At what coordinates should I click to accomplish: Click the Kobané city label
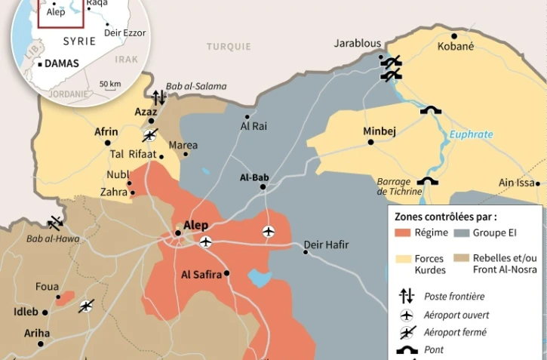tap(456, 47)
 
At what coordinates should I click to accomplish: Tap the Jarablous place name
tap(358, 44)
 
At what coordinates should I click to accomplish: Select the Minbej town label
tap(380, 131)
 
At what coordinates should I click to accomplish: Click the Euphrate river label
tap(471, 135)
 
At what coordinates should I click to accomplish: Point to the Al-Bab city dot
tap(263, 186)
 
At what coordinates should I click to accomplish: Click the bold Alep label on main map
tap(195, 225)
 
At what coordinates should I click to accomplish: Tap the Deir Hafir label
tap(325, 245)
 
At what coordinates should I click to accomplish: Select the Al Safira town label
tap(202, 275)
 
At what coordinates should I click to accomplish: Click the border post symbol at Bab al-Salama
tap(158, 97)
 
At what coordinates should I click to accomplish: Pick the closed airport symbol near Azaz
tap(151, 135)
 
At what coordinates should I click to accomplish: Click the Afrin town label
tap(106, 131)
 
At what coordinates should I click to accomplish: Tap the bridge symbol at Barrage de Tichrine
tap(429, 182)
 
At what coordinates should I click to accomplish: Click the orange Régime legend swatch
tap(401, 232)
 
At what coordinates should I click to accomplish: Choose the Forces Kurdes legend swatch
tap(401, 259)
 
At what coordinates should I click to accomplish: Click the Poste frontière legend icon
tap(407, 296)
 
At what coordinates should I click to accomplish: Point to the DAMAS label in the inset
tap(62, 63)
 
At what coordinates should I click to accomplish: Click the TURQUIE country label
tap(229, 47)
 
